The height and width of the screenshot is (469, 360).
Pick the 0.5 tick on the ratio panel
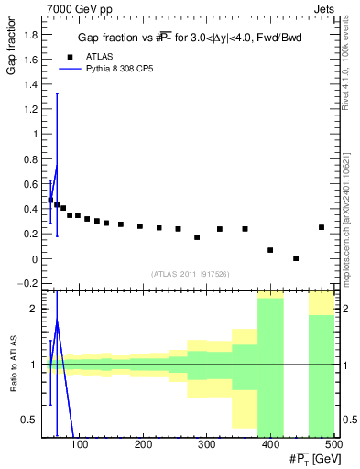pos(30,420)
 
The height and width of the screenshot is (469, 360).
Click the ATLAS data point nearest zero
pos(296,258)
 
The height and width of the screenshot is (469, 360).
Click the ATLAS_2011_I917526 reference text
pos(190,273)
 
